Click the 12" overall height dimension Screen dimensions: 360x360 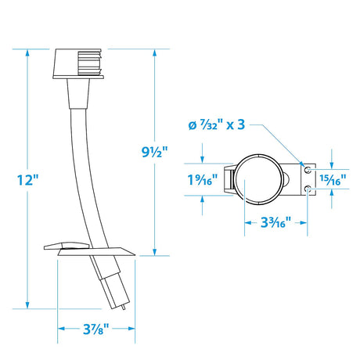[27, 180]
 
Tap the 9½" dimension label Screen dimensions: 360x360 [154, 152]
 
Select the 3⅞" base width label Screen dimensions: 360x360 [95, 329]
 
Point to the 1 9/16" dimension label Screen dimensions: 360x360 [203, 180]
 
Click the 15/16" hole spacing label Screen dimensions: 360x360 [333, 180]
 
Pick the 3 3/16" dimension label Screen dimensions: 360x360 [275, 222]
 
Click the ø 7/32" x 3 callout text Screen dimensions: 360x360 [217, 124]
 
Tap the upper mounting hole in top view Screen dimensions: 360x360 [308, 170]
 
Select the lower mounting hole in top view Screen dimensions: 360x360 [308, 188]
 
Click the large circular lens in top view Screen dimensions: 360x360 [259, 179]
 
